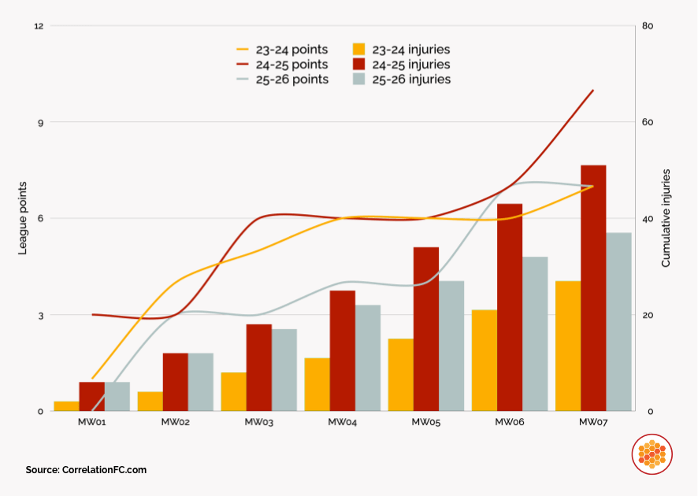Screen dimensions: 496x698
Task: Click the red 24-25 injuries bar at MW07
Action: pyautogui.click(x=593, y=288)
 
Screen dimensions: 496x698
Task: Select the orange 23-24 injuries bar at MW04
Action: pyautogui.click(x=317, y=384)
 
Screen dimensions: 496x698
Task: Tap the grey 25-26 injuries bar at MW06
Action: pyautogui.click(x=535, y=334)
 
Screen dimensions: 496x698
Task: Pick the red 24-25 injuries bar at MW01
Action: pyautogui.click(x=92, y=397)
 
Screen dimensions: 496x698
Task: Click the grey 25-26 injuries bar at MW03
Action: pyautogui.click(x=284, y=370)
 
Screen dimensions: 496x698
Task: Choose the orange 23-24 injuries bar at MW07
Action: pyautogui.click(x=568, y=346)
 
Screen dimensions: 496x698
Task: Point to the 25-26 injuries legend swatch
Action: pyautogui.click(x=358, y=80)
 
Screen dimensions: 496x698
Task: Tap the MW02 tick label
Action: pyautogui.click(x=176, y=422)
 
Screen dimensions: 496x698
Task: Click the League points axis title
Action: pyautogui.click(x=23, y=218)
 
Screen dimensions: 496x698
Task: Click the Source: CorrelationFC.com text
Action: pyautogui.click(x=86, y=470)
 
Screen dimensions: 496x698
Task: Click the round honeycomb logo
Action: pyautogui.click(x=652, y=454)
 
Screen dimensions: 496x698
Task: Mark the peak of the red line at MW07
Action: pyautogui.click(x=593, y=90)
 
